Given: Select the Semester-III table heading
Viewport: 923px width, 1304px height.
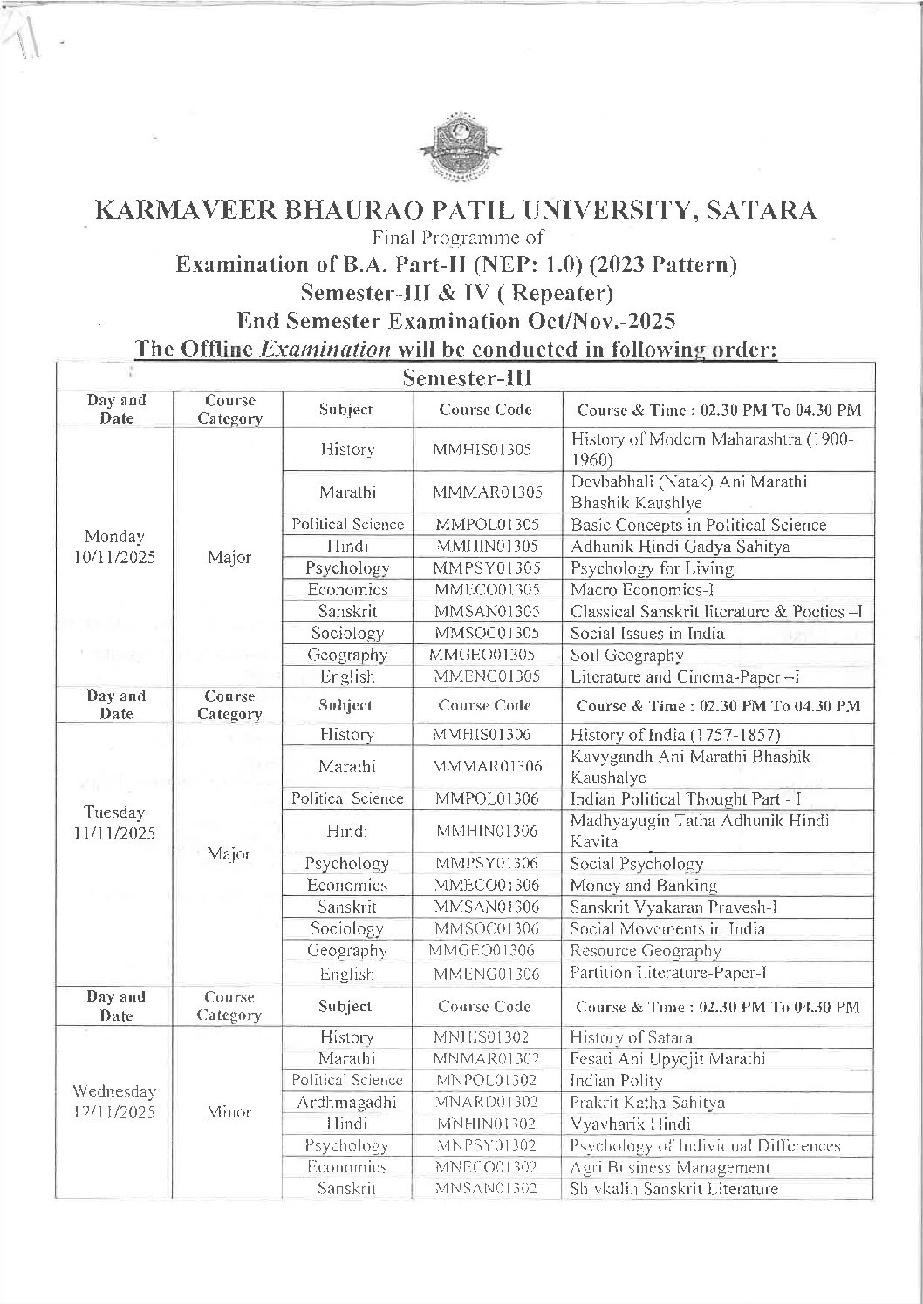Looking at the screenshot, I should point(468,377).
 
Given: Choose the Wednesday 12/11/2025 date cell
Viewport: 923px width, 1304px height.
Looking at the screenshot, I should point(115,1102).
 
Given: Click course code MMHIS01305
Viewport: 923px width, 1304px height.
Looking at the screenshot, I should point(486,450).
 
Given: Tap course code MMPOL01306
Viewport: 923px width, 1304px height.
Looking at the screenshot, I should point(486,798).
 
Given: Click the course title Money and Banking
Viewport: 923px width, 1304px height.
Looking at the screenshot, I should point(644,885).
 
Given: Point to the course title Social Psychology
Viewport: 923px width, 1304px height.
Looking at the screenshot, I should point(637,864).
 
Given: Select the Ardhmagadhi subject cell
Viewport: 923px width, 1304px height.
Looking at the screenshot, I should point(346,1102).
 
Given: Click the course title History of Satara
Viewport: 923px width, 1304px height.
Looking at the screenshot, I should point(631,1037).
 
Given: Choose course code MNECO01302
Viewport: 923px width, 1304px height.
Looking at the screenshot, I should point(486,1167).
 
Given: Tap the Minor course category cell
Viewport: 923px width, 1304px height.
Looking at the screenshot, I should point(229,1112).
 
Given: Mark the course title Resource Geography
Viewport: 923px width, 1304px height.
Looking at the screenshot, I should point(646,950).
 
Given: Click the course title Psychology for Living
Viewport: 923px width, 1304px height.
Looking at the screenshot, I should point(652,568).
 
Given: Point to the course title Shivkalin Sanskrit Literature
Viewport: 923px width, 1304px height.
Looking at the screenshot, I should point(673,1189).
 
